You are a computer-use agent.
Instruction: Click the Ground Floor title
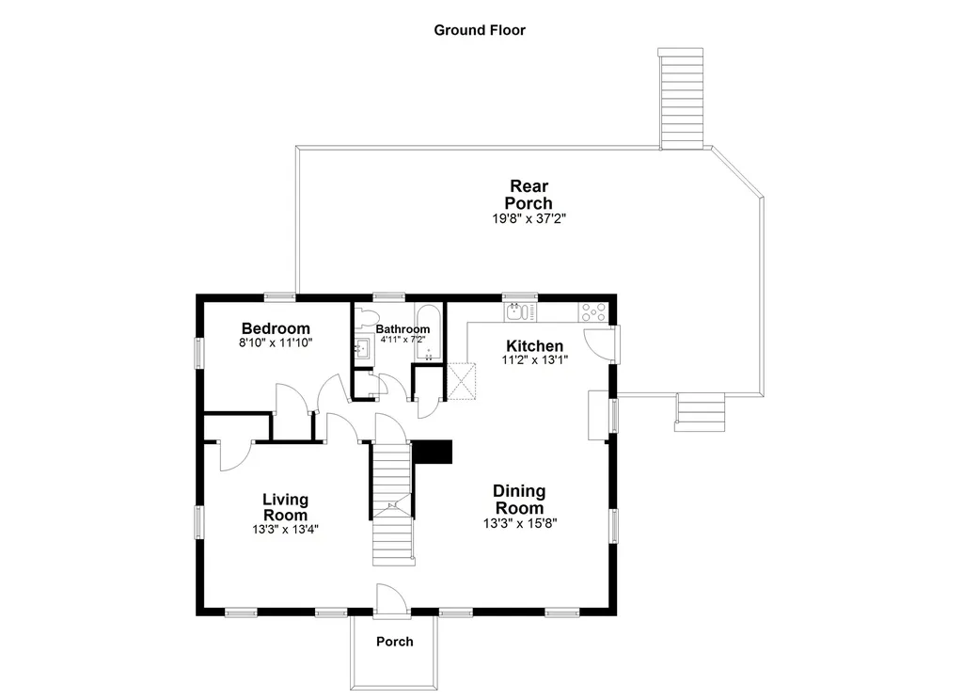[479, 30]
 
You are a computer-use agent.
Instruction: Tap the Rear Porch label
[529, 195]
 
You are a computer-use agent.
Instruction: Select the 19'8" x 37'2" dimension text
[529, 218]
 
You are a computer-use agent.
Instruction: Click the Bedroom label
[276, 328]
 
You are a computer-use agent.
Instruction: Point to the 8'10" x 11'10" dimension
[276, 343]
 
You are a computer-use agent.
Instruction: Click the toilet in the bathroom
[367, 318]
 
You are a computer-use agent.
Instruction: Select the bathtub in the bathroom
[428, 334]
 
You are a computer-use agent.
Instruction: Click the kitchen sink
[515, 310]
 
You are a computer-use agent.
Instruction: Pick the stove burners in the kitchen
[594, 310]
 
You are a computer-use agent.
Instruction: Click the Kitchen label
[534, 346]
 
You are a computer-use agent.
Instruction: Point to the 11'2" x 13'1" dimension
[534, 360]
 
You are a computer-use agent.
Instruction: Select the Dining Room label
[519, 500]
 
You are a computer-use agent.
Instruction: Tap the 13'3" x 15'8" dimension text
[519, 523]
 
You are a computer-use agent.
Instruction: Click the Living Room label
[285, 507]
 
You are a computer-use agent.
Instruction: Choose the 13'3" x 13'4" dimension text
[285, 530]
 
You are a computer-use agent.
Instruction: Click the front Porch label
[394, 642]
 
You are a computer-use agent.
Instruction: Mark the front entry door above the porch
[390, 600]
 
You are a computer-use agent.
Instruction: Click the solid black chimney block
[433, 453]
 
